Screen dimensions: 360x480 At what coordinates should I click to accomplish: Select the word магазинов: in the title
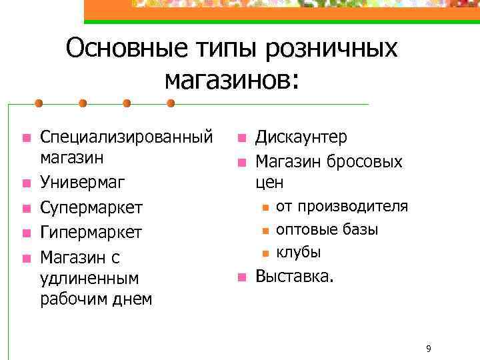pos(232,79)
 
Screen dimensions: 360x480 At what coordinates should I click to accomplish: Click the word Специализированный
pos(127,137)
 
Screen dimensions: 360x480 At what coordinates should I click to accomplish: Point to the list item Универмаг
pos(83,182)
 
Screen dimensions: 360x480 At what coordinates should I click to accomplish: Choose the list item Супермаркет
pos(91,207)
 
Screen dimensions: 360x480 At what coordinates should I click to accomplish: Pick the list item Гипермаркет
pos(91,232)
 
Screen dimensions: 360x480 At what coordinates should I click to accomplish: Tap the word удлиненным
pos(89,277)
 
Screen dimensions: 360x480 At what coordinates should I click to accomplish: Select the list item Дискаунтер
pos(301,137)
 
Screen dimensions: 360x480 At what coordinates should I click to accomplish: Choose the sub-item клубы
pos(299,252)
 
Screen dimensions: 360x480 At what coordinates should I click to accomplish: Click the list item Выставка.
pos(293,276)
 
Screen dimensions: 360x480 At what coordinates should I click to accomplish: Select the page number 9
pos(429,349)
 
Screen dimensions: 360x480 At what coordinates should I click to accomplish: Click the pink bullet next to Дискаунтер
pos(241,139)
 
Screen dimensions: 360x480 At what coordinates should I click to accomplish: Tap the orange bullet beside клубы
pos(265,253)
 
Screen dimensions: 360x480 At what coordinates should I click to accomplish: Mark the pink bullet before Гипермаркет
pos(25,233)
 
